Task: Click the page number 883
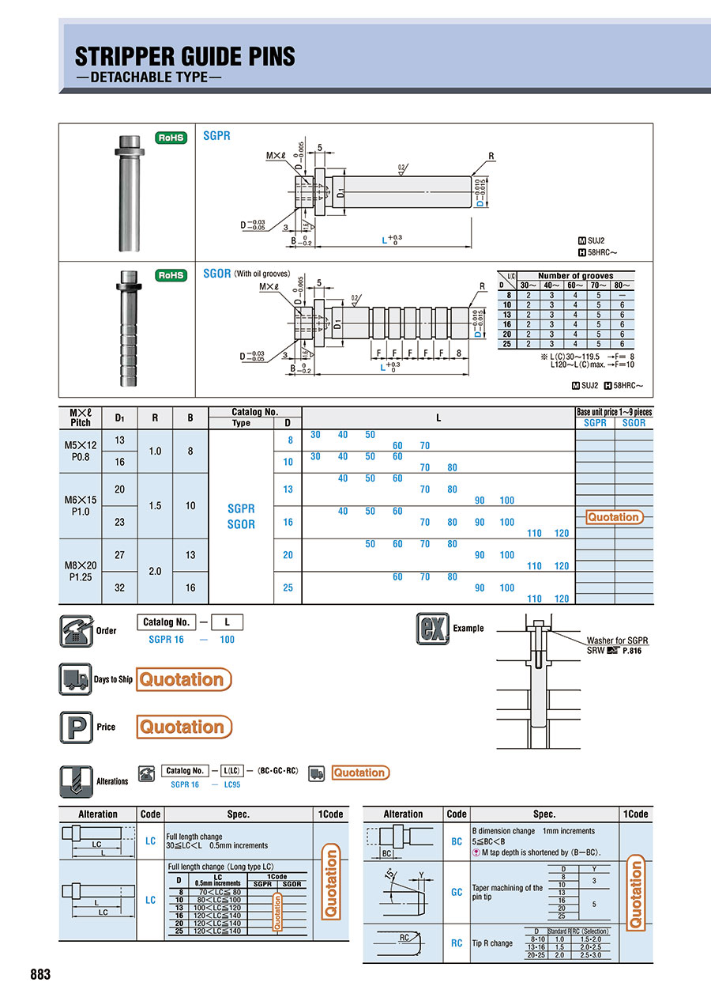40,974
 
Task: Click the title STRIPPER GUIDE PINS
185,56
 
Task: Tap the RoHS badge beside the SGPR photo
171,138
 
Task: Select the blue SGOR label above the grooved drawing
216,273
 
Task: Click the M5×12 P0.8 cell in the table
81,451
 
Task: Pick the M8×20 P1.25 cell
81,571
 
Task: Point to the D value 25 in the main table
288,588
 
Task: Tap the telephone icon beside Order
76,630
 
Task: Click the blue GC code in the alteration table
457,892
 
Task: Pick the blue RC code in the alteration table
457,943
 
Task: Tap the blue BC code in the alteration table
457,842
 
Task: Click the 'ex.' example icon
433,629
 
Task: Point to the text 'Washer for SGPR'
617,640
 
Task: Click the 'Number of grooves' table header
575,276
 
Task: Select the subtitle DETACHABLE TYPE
149,77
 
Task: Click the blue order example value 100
227,640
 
